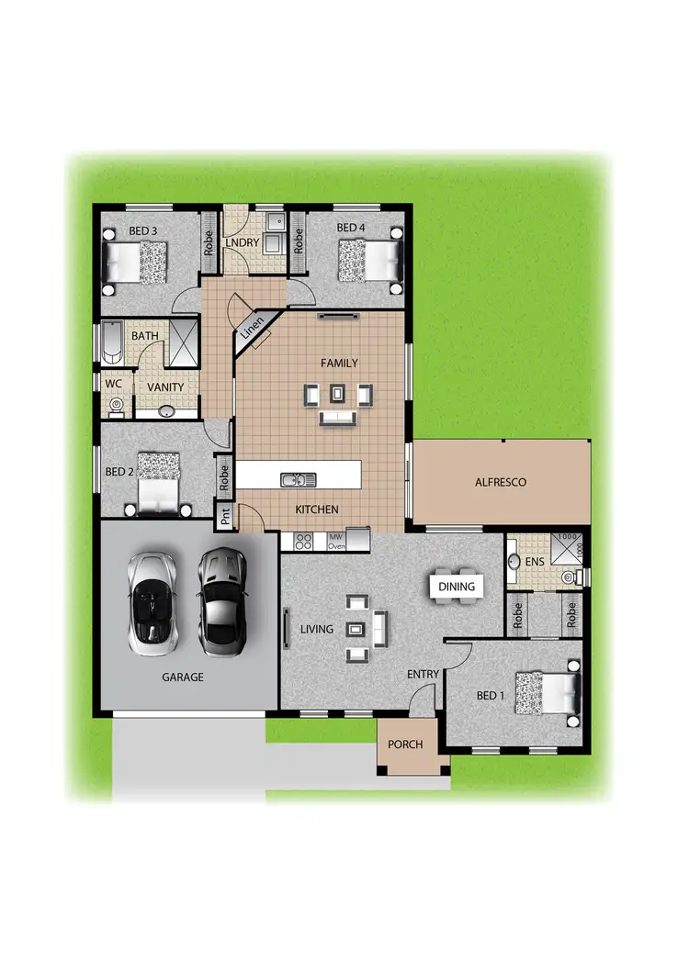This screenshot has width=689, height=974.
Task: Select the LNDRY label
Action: [247, 242]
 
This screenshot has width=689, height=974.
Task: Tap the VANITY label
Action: [165, 387]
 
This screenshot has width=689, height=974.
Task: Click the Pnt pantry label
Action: [225, 518]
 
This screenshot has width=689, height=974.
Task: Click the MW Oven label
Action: [336, 541]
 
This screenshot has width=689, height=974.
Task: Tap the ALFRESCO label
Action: [500, 481]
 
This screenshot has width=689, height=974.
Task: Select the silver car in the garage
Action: [152, 603]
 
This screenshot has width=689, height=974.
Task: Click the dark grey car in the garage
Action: [220, 597]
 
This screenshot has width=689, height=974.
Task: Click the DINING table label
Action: [457, 587]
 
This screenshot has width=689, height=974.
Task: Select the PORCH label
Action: [405, 744]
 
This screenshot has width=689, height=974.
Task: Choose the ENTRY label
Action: [424, 675]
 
